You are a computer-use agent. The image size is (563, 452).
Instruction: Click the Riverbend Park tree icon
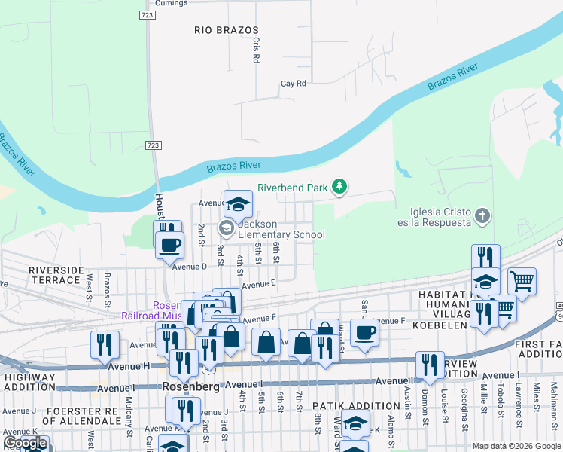click(339, 186)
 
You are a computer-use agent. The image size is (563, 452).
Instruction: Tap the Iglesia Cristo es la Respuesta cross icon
click(483, 217)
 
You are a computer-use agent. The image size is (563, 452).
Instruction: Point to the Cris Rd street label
click(256, 50)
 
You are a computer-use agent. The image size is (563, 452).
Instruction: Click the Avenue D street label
click(189, 267)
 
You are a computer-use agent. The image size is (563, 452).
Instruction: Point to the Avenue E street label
click(259, 284)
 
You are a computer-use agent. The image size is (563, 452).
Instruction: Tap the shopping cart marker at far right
click(522, 281)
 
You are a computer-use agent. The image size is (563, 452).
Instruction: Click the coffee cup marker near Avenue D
click(170, 244)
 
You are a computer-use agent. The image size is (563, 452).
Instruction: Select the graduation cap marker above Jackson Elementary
click(238, 203)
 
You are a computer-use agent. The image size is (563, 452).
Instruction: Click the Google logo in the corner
click(25, 443)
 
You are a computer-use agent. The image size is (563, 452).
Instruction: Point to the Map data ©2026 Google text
click(516, 446)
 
